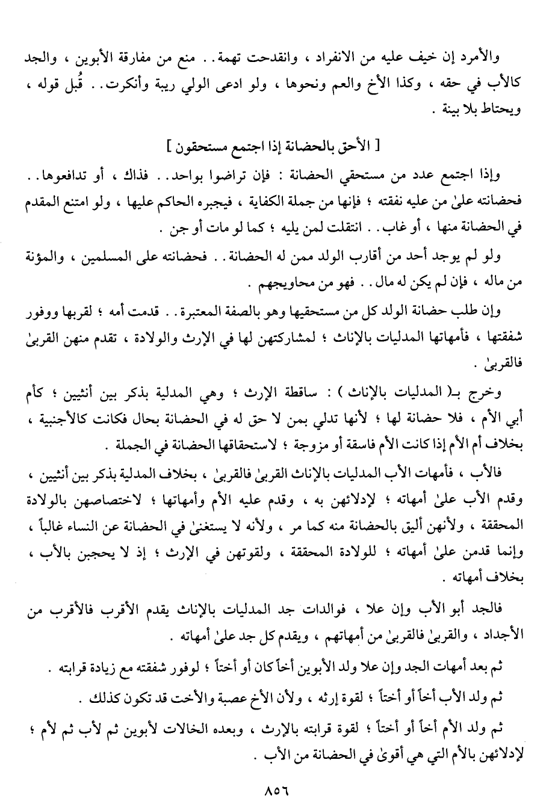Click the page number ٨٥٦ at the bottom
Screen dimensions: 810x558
pyautogui.click(x=277, y=792)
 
